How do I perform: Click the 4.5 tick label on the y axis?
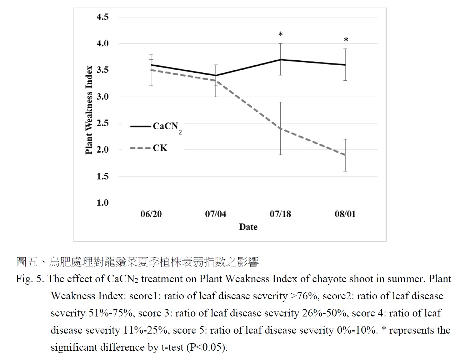(102, 17)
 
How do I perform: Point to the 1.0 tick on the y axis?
(102, 203)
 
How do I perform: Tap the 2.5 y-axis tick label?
(102, 123)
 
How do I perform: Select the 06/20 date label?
(151, 214)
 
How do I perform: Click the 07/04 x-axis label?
(215, 214)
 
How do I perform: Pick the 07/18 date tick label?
(280, 214)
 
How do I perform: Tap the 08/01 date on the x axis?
(345, 214)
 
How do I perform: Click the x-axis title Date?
(248, 227)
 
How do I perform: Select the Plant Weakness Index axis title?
(89, 110)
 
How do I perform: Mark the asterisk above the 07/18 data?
(281, 35)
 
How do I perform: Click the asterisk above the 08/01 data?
(346, 40)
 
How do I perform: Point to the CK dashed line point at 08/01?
(345, 155)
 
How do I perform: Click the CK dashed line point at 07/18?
(281, 128)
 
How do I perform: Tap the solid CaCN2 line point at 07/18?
(281, 60)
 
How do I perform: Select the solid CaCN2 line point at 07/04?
(216, 76)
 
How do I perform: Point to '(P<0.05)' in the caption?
(207, 347)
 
